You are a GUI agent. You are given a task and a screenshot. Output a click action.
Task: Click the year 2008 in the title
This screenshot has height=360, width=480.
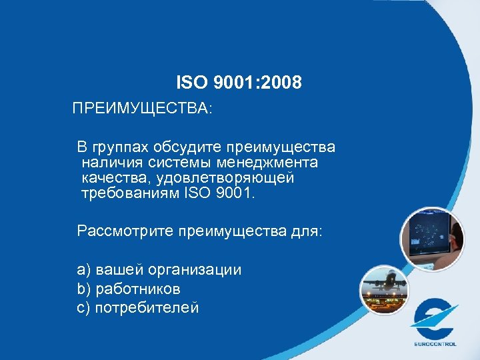(x=283, y=83)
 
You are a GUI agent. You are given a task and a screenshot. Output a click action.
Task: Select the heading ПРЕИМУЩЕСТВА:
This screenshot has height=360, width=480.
(x=143, y=109)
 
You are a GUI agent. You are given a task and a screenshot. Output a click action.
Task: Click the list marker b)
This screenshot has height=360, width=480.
(x=84, y=289)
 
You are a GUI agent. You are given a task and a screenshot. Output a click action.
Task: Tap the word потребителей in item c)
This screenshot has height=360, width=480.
(x=147, y=307)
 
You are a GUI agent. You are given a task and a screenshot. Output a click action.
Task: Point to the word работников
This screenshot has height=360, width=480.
(x=138, y=289)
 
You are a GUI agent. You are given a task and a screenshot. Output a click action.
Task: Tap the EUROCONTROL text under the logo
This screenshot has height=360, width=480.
(x=435, y=344)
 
